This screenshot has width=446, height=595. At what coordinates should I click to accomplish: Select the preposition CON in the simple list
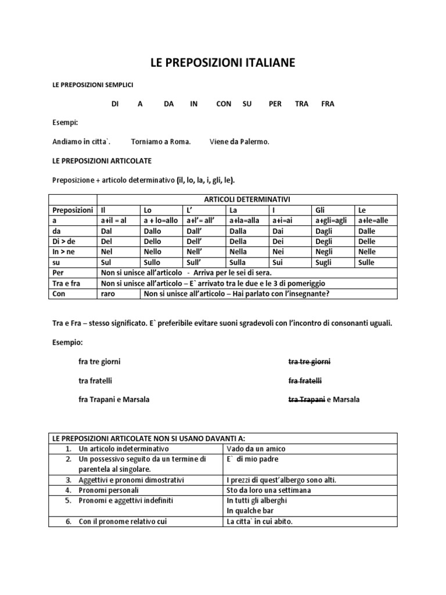223,104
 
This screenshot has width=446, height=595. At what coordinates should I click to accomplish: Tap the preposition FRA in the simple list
328,104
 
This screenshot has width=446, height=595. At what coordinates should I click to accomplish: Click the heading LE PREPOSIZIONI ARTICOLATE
102,160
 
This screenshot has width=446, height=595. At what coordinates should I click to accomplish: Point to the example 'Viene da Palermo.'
239,141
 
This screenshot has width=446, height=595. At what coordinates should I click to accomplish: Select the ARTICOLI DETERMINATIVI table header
247,199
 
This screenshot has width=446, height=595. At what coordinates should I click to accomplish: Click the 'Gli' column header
320,210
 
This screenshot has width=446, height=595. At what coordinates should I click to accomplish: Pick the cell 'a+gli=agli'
332,220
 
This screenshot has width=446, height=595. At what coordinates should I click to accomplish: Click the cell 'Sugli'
323,262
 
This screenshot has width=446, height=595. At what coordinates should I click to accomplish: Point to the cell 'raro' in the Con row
108,293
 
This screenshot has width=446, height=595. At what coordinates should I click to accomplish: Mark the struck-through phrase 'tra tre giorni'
309,361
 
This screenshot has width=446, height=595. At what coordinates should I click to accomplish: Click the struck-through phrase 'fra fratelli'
305,381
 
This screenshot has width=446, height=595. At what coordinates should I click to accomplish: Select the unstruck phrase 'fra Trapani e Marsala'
114,400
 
